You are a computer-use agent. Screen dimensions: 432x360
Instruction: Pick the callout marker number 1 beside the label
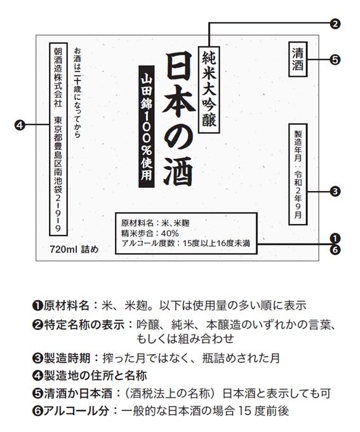click(335, 237)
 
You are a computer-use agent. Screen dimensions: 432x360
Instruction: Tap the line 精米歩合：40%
click(143, 233)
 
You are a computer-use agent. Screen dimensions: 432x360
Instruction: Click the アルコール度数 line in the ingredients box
click(185, 242)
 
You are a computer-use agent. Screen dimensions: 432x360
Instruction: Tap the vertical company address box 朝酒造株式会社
click(58, 139)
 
